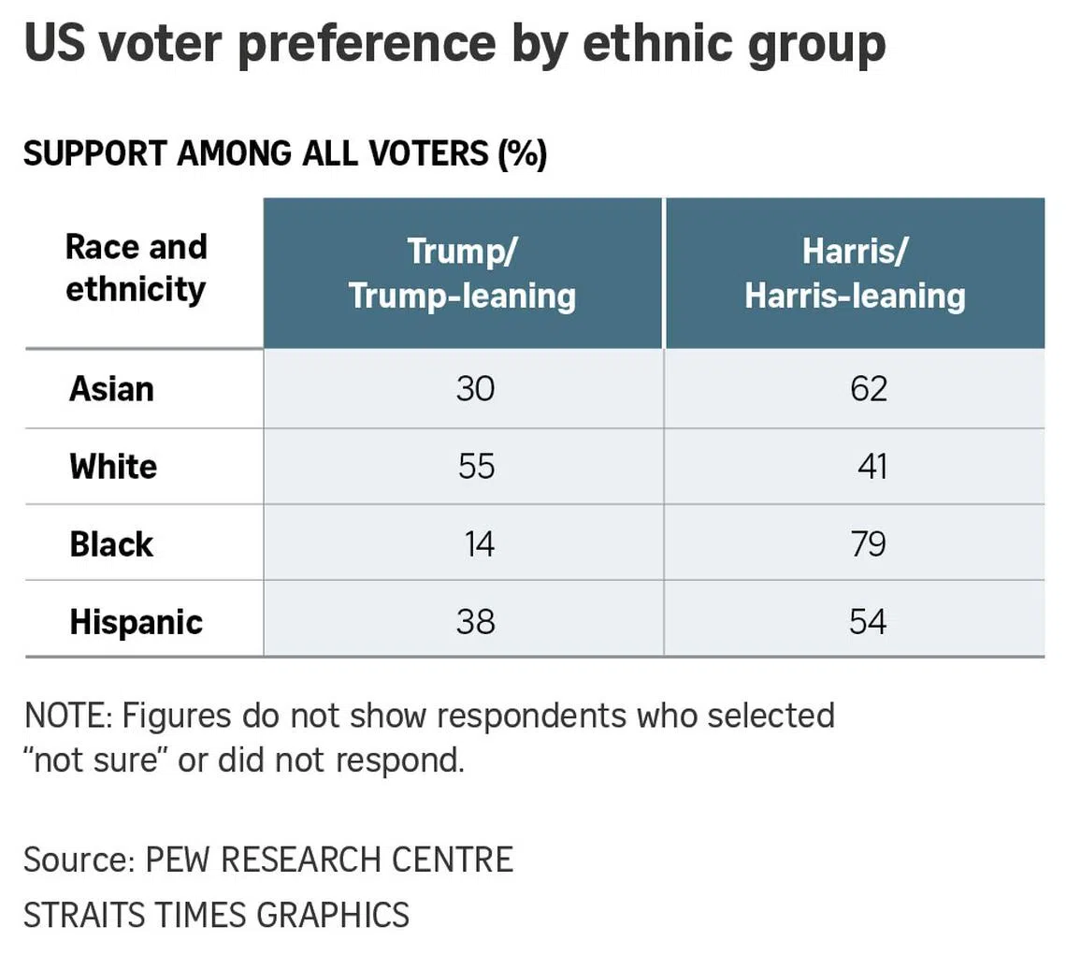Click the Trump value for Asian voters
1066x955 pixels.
pyautogui.click(x=475, y=388)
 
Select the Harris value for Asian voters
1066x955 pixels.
pyautogui.click(x=868, y=388)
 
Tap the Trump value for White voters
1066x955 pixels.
pyautogui.click(x=476, y=466)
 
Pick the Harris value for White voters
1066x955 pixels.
pyautogui.click(x=872, y=466)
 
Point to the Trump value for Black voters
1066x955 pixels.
pyautogui.click(x=479, y=543)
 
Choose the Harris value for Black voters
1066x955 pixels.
pyautogui.click(x=868, y=543)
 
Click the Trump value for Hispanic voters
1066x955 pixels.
pyautogui.click(x=475, y=621)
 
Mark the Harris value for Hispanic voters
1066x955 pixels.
pyautogui.click(x=868, y=621)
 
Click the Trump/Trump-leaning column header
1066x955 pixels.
pyautogui.click(x=463, y=273)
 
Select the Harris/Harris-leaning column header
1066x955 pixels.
pyautogui.click(x=855, y=273)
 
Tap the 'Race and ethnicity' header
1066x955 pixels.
pyautogui.click(x=136, y=268)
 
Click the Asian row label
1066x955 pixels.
pyautogui.click(x=111, y=388)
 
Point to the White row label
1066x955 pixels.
pyautogui.click(x=113, y=466)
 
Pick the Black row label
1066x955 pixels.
pyautogui.click(x=111, y=543)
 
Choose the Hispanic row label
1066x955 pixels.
pyautogui.click(x=136, y=622)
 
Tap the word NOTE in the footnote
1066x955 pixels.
pyautogui.click(x=65, y=716)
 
